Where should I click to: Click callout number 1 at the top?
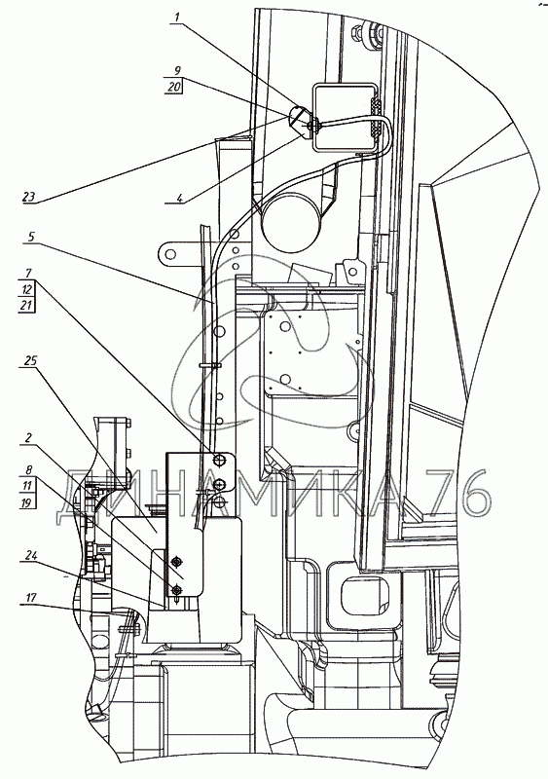(x=177, y=18)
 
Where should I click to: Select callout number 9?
(x=178, y=70)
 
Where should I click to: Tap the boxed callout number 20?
(x=174, y=87)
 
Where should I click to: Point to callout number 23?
(x=29, y=197)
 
